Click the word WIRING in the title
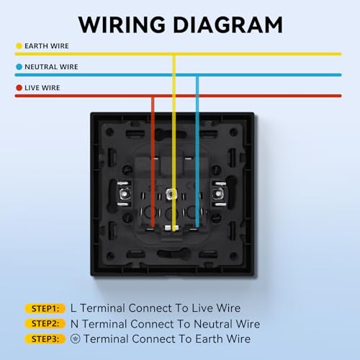click(x=122, y=24)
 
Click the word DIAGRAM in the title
click(x=228, y=24)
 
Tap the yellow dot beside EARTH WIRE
click(x=19, y=46)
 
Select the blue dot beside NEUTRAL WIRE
click(x=19, y=67)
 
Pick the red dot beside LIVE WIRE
click(x=19, y=88)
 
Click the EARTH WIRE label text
click(x=47, y=46)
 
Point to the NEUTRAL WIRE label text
click(x=51, y=67)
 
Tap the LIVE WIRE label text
click(x=42, y=88)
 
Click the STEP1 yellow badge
click(x=45, y=308)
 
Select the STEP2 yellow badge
click(x=45, y=323)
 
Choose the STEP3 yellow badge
click(x=45, y=339)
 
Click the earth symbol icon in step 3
click(x=76, y=339)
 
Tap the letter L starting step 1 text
click(x=73, y=308)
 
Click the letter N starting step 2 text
click(x=74, y=324)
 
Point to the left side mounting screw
click(x=124, y=194)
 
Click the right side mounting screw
click(x=218, y=194)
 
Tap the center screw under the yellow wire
click(x=171, y=194)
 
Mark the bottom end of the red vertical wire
click(x=153, y=227)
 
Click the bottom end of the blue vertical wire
click(x=197, y=226)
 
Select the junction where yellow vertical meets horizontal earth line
click(x=174, y=54)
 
